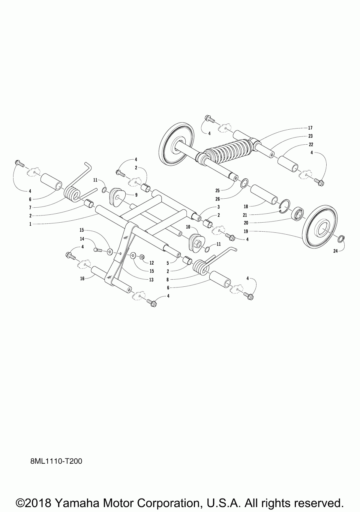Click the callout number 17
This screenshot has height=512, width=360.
[310, 128]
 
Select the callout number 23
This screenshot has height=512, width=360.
[310, 136]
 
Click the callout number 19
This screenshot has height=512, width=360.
[246, 231]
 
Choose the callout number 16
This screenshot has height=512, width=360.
[81, 278]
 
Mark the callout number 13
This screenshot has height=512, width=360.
[151, 280]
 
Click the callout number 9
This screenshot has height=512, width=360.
[136, 195]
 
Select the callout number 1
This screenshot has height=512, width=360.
[30, 224]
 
